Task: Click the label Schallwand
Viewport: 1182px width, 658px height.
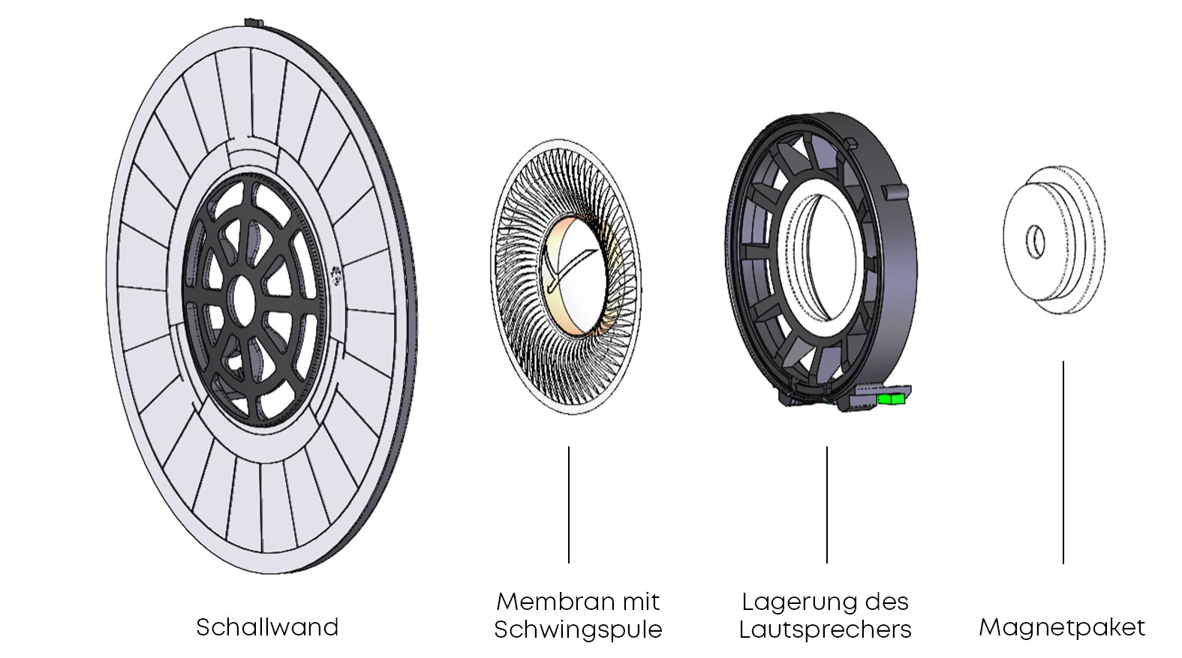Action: [x=267, y=627]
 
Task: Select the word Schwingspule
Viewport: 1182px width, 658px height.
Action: [x=578, y=629]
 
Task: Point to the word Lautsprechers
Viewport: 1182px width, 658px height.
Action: [x=825, y=629]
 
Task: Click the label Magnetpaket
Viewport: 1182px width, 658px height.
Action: [x=1062, y=627]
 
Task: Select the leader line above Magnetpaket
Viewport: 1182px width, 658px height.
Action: [x=1063, y=461]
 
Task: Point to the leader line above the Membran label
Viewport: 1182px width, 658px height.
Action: [x=568, y=504]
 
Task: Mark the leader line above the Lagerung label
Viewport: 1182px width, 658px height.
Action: [x=826, y=504]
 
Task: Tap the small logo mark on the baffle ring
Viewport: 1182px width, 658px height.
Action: [x=338, y=275]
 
